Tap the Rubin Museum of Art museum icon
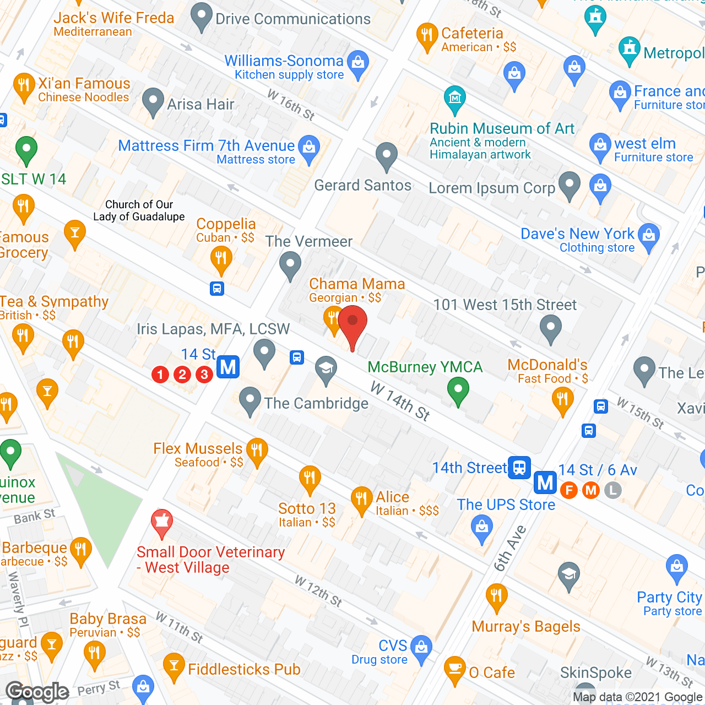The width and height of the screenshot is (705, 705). (x=454, y=99)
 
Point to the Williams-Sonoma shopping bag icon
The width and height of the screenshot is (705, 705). (x=358, y=63)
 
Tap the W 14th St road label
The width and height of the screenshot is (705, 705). (x=400, y=400)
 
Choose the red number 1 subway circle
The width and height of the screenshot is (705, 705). (x=160, y=375)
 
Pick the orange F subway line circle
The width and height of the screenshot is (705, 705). (x=569, y=490)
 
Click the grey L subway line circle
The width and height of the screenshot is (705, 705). (x=613, y=490)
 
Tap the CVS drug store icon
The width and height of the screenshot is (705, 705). (x=421, y=648)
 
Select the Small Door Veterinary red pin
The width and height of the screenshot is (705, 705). (x=161, y=522)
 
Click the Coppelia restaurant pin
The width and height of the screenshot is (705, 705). (x=221, y=259)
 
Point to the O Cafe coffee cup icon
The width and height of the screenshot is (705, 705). (x=455, y=669)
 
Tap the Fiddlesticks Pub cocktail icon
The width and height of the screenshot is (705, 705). (x=174, y=666)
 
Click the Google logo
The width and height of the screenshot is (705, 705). (x=37, y=692)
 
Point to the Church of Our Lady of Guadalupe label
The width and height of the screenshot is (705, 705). (x=139, y=210)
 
